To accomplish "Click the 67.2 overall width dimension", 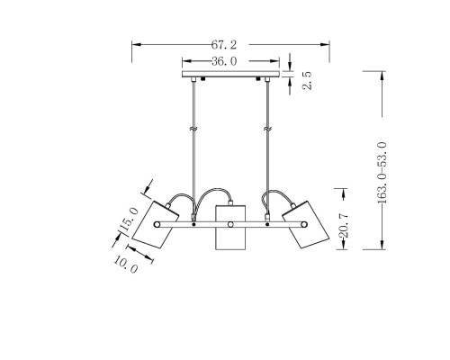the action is [x=224, y=45].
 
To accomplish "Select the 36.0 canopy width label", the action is [x=224, y=61].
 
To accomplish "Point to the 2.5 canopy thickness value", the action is [x=307, y=80].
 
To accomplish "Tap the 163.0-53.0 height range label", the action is [x=382, y=173].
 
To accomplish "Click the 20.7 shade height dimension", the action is [x=343, y=225].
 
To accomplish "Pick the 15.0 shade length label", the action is [x=129, y=220].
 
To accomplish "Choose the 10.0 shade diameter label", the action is [x=126, y=265].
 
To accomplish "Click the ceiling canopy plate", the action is [x=231, y=74].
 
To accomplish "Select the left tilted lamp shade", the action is [x=156, y=224].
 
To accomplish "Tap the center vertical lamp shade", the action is [x=230, y=228].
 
